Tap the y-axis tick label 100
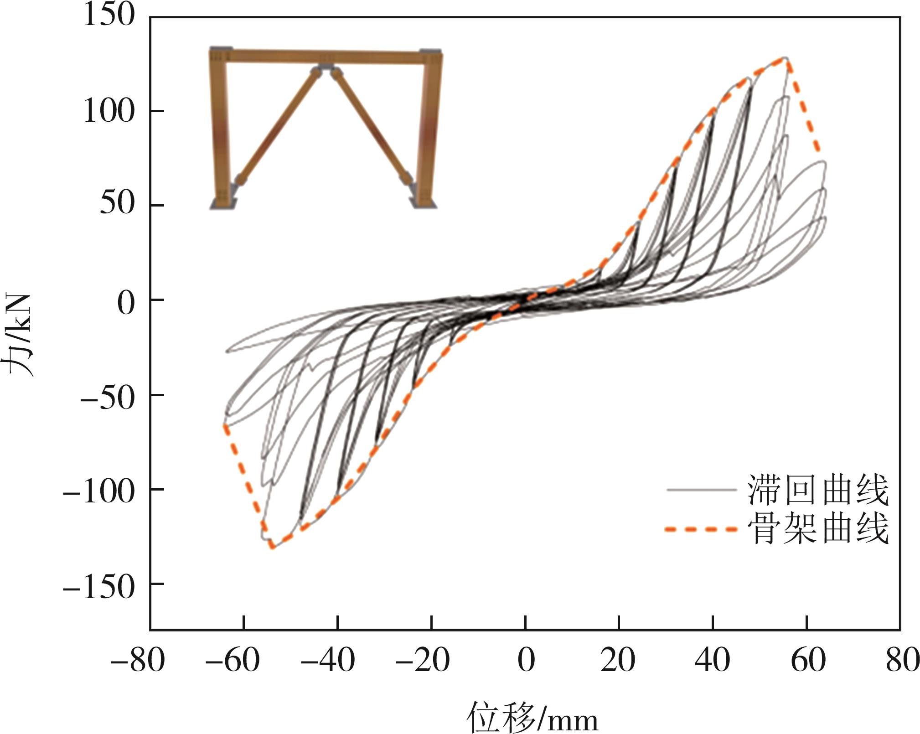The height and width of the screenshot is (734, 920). coord(109,111)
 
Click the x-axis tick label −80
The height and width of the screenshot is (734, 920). coord(137,660)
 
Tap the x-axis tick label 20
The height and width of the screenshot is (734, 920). coord(618,660)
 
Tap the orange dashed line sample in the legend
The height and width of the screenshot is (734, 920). coord(701,529)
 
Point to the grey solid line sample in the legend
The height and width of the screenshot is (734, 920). coord(701,490)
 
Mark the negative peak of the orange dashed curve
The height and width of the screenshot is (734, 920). coord(272,547)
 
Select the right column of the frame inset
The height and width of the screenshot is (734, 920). coord(428,128)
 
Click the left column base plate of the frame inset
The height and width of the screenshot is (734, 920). coord(222,204)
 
